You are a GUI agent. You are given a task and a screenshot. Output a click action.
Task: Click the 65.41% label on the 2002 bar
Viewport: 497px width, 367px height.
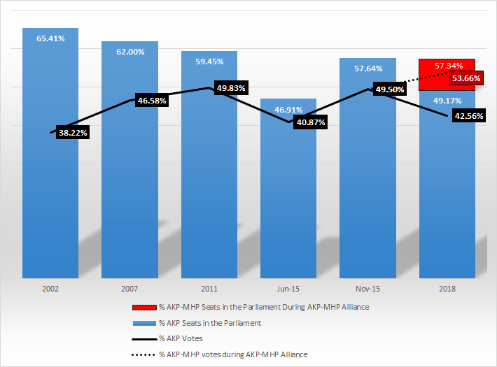pyautogui.click(x=50, y=38)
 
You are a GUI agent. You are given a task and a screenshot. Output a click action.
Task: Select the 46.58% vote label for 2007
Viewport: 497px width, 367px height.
pyautogui.click(x=152, y=101)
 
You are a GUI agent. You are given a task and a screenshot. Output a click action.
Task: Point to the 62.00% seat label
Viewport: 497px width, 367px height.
pyautogui.click(x=129, y=52)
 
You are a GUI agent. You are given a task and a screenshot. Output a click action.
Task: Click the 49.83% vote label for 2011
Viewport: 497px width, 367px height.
pyautogui.click(x=231, y=87)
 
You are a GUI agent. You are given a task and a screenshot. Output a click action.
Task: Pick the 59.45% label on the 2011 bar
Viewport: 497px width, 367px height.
pyautogui.click(x=209, y=62)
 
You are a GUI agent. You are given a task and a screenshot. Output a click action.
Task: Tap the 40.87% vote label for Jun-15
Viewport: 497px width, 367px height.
pyautogui.click(x=309, y=122)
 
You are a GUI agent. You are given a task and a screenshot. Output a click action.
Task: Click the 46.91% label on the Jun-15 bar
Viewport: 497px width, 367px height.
pyautogui.click(x=288, y=110)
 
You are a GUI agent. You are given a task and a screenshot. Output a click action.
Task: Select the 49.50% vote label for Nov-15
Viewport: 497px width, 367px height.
pyautogui.click(x=390, y=89)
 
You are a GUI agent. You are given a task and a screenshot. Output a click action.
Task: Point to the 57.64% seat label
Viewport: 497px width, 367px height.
pyautogui.click(x=367, y=69)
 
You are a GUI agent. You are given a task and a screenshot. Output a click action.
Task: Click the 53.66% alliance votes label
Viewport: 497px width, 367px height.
pyautogui.click(x=465, y=78)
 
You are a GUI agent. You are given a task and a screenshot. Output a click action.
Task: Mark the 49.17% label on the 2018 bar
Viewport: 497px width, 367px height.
pyautogui.click(x=447, y=101)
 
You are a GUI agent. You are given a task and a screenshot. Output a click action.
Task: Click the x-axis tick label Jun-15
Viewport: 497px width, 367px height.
pyautogui.click(x=288, y=288)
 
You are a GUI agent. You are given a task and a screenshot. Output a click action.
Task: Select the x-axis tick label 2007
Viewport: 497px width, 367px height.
pyautogui.click(x=129, y=288)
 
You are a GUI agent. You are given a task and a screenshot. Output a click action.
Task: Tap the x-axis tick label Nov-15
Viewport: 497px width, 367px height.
pyautogui.click(x=367, y=288)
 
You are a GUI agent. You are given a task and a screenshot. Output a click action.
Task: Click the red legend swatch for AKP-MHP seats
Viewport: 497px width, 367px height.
pyautogui.click(x=142, y=307)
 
